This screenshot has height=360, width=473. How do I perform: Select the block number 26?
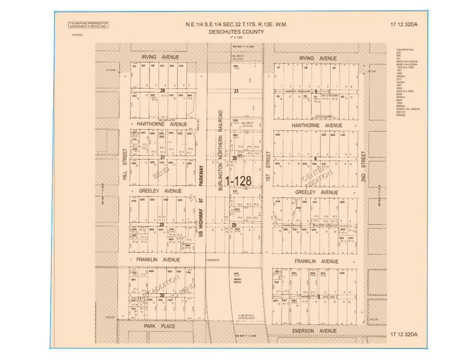(x=163, y=90)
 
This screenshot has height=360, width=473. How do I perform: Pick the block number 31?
(x=235, y=91)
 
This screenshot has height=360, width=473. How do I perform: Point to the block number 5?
(x=316, y=91)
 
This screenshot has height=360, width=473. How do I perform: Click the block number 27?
(x=163, y=157)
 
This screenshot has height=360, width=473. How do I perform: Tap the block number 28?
(x=162, y=225)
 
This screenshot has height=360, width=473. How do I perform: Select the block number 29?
(x=234, y=225)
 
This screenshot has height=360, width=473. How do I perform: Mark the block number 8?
(x=319, y=296)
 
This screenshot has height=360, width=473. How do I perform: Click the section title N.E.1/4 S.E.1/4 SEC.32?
(x=236, y=25)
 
